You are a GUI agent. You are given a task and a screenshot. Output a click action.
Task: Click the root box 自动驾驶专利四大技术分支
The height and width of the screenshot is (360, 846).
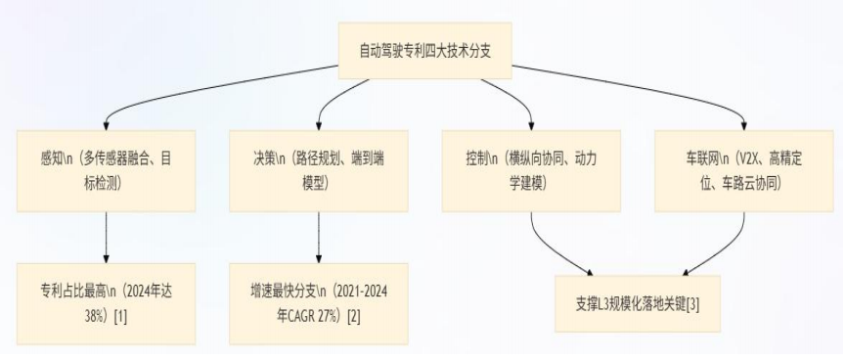click(423, 48)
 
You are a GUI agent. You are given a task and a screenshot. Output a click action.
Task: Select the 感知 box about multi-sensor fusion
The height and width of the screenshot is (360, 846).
click(105, 168)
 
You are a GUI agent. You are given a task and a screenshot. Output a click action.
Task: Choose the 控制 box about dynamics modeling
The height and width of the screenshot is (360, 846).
click(531, 168)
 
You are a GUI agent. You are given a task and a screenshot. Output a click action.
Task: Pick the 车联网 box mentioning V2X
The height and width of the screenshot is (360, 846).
click(743, 168)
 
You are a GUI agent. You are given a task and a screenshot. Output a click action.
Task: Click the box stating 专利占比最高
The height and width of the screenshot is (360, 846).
click(105, 302)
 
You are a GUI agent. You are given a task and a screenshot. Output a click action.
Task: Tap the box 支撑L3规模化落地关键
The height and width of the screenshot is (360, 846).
click(637, 304)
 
